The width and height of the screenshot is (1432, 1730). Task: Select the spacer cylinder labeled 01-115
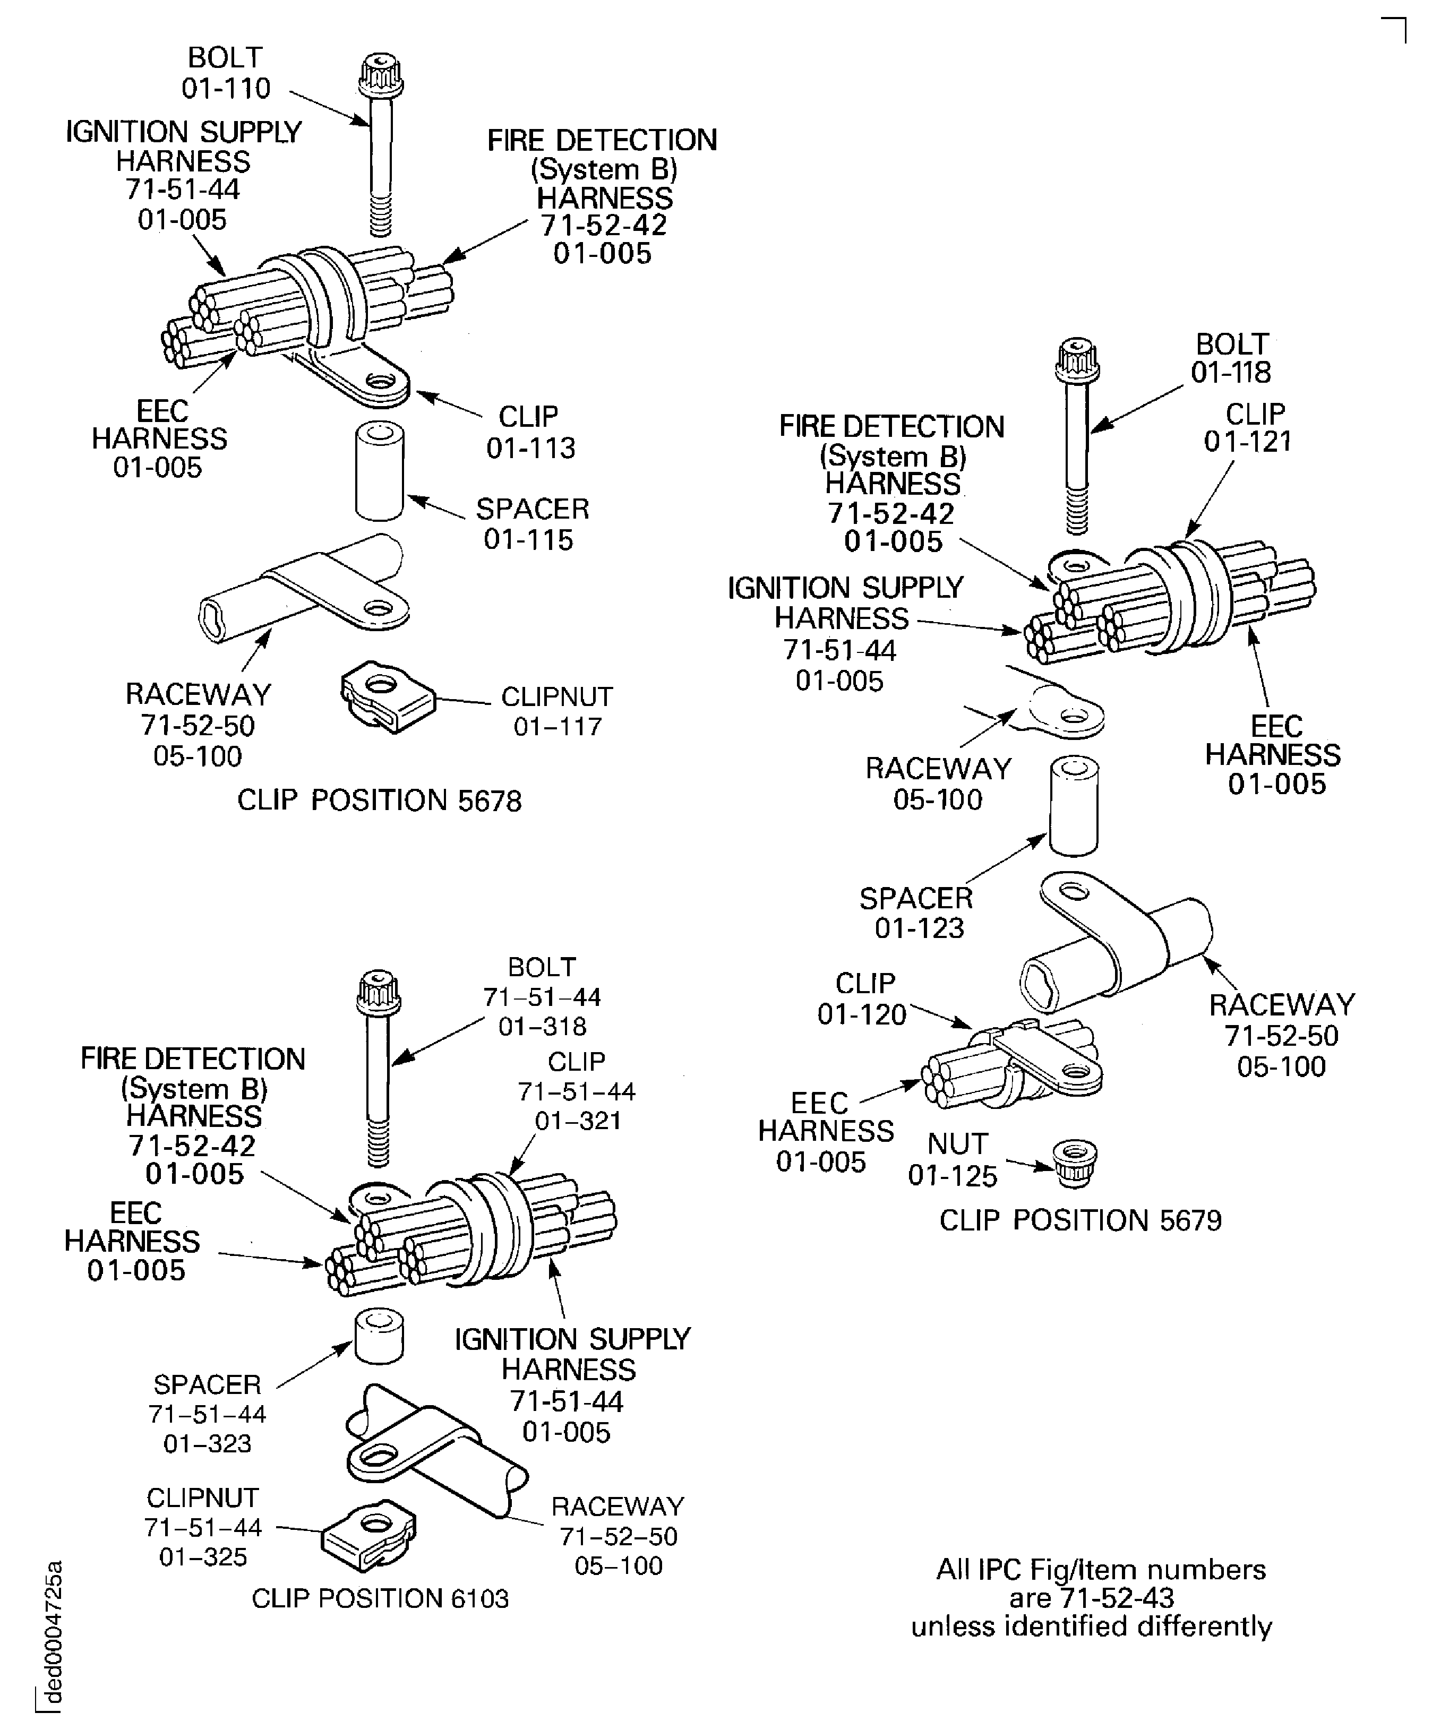click(x=379, y=471)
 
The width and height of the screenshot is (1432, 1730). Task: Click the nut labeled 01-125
click(x=1075, y=1163)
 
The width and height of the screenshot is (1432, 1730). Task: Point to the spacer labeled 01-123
click(x=1074, y=807)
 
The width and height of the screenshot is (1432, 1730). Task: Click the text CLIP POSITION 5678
click(x=379, y=801)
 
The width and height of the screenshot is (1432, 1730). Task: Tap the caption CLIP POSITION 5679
click(x=1080, y=1220)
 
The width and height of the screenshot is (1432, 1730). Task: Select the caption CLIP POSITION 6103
click(x=380, y=1598)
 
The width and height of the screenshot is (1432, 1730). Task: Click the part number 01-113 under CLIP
click(x=530, y=448)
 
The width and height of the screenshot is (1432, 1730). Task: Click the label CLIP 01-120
click(x=862, y=999)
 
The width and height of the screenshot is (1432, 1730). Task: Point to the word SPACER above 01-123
click(x=915, y=898)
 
